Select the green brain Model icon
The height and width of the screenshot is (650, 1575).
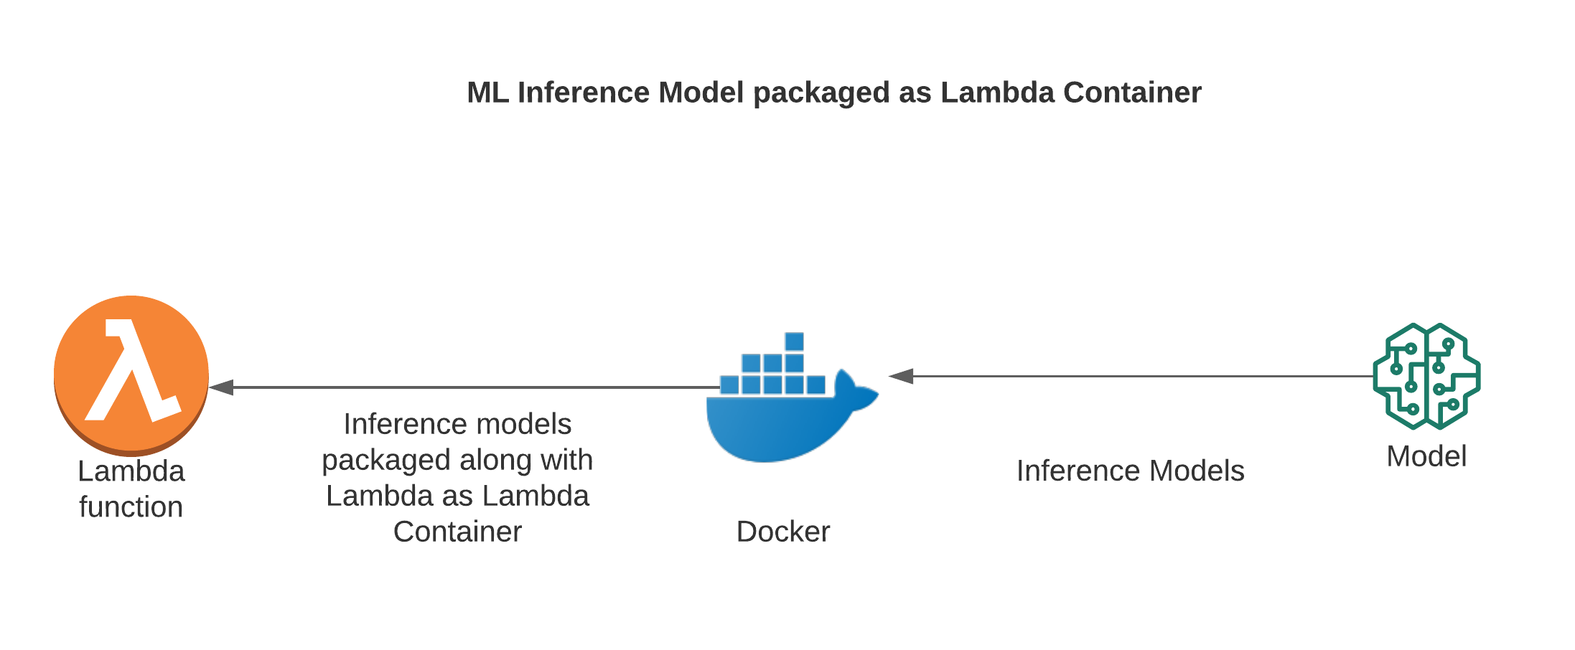click(x=1426, y=376)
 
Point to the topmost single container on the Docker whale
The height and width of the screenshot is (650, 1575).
click(x=794, y=342)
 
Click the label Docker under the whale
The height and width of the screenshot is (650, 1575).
click(x=782, y=532)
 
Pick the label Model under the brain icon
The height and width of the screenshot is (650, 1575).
click(x=1426, y=456)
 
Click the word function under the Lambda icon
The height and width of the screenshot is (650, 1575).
click(x=131, y=507)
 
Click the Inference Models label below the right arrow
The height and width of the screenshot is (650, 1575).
click(x=1130, y=471)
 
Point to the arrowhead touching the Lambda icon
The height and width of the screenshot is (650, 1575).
click(x=221, y=387)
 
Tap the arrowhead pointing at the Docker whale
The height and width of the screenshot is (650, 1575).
click(x=901, y=376)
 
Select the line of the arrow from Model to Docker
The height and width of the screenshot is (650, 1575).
click(x=1141, y=376)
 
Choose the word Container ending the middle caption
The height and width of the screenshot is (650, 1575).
click(x=457, y=532)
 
